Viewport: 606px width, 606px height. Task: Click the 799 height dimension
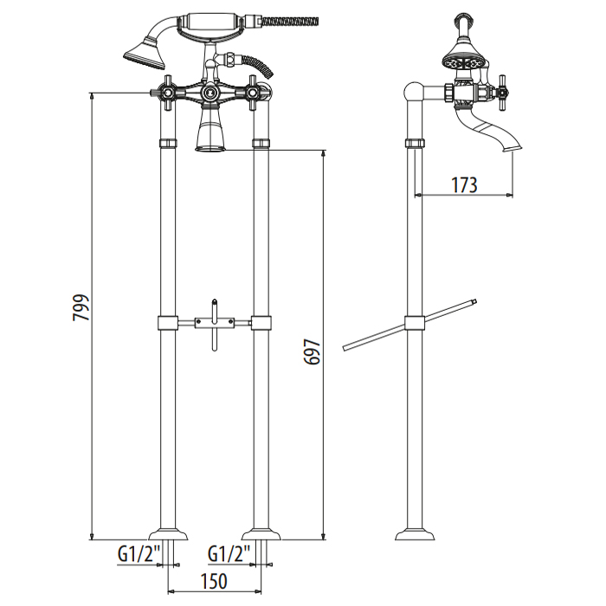81,307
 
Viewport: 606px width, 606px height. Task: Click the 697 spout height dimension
313,351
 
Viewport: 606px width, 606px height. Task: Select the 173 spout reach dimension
465,185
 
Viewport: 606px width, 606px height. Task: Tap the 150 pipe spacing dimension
214,581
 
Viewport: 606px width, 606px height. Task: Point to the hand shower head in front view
145,54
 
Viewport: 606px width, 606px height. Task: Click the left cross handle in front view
167,93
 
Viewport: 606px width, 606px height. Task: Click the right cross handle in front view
253,93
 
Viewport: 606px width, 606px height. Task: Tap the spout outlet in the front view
211,148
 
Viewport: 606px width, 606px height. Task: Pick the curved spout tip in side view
512,148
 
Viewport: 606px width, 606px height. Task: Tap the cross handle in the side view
502,93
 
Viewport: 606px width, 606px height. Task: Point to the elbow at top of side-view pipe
414,92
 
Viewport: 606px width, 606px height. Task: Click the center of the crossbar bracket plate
215,321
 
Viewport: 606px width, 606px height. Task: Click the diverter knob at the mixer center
210,93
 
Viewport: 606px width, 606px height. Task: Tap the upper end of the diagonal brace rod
474,301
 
